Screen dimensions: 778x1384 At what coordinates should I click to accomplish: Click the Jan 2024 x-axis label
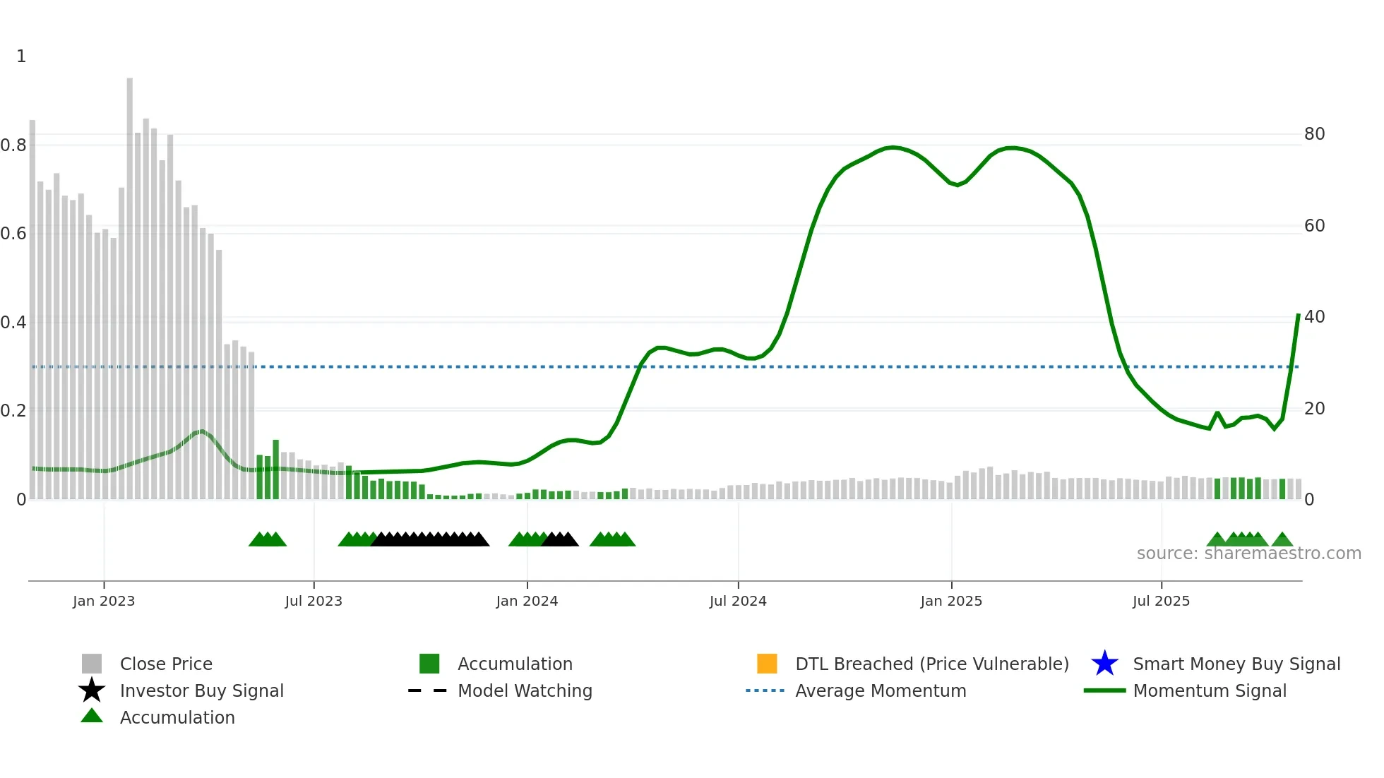coord(527,601)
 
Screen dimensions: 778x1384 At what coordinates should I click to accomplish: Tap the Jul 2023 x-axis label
coord(314,601)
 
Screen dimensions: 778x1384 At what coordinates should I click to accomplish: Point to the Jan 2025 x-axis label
coord(951,601)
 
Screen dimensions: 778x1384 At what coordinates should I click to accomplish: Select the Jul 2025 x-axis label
coord(1161,601)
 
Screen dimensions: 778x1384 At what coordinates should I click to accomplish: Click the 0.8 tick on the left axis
coord(13,145)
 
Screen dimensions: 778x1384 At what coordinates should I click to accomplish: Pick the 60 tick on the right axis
coord(1314,226)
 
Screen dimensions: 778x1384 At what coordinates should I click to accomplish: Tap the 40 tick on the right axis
coord(1314,317)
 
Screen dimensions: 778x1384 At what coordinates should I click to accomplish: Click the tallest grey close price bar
coord(130,282)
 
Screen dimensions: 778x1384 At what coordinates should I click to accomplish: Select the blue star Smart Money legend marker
coord(1104,664)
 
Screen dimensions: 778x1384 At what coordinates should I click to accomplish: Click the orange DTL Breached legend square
coord(767,664)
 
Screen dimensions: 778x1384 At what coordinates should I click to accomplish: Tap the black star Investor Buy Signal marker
coord(92,690)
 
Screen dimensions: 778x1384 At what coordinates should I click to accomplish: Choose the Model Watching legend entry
coord(525,690)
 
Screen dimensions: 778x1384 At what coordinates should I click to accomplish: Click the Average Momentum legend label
coord(881,690)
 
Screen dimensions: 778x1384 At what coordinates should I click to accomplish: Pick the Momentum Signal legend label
coord(1210,690)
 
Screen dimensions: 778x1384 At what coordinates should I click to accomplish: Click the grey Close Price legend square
coord(92,664)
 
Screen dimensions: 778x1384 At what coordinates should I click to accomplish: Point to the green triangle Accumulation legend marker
coord(92,716)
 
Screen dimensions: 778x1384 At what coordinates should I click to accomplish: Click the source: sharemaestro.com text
coord(1248,553)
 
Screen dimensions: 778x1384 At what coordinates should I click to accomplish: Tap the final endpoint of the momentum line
coord(1298,315)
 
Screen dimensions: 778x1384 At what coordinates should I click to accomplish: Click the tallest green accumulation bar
coord(276,469)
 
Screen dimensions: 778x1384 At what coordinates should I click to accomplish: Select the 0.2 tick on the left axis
coord(13,410)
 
